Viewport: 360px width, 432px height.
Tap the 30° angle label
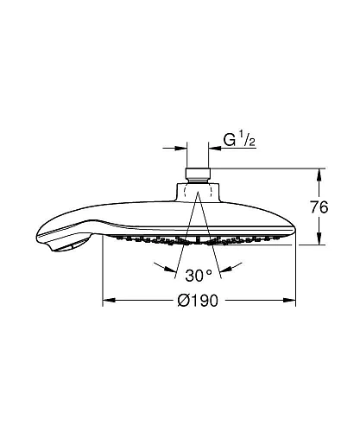coord(199,276)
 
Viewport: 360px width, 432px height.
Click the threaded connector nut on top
coord(199,171)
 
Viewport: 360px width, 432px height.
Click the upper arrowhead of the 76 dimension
coord(321,173)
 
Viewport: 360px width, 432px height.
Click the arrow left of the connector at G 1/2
coord(181,148)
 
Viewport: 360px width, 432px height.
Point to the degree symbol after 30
coord(210,273)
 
